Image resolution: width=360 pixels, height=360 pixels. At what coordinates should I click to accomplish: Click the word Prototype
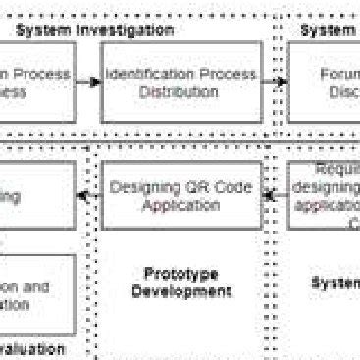180,274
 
